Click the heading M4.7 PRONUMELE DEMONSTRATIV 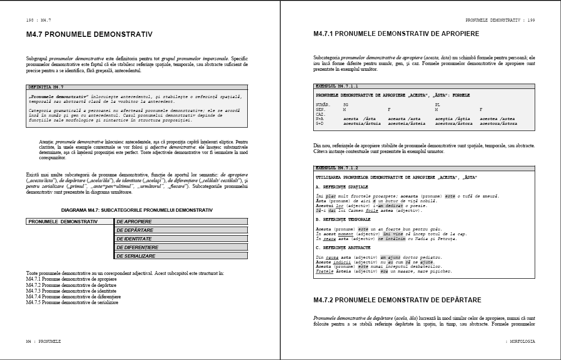click(x=89, y=34)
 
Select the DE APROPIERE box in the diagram click(x=181, y=221)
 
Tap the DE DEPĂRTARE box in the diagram click(x=181, y=230)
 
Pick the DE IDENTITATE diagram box click(x=181, y=239)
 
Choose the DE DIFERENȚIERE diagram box click(x=181, y=247)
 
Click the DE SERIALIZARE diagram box click(x=181, y=256)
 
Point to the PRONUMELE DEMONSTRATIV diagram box click(x=70, y=221)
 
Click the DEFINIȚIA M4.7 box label click(x=46, y=87)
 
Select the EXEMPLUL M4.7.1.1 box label click(x=337, y=86)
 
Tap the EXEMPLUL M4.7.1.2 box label click(x=337, y=168)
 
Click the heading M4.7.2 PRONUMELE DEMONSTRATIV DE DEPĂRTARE click(x=397, y=300)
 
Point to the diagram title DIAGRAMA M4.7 click(x=137, y=210)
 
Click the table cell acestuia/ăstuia click(x=362, y=123)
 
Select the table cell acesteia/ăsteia click(x=407, y=123)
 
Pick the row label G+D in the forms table click(x=320, y=123)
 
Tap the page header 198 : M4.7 click(x=39, y=20)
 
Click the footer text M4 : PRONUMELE click(x=44, y=341)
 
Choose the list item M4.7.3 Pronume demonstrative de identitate click(x=72, y=291)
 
